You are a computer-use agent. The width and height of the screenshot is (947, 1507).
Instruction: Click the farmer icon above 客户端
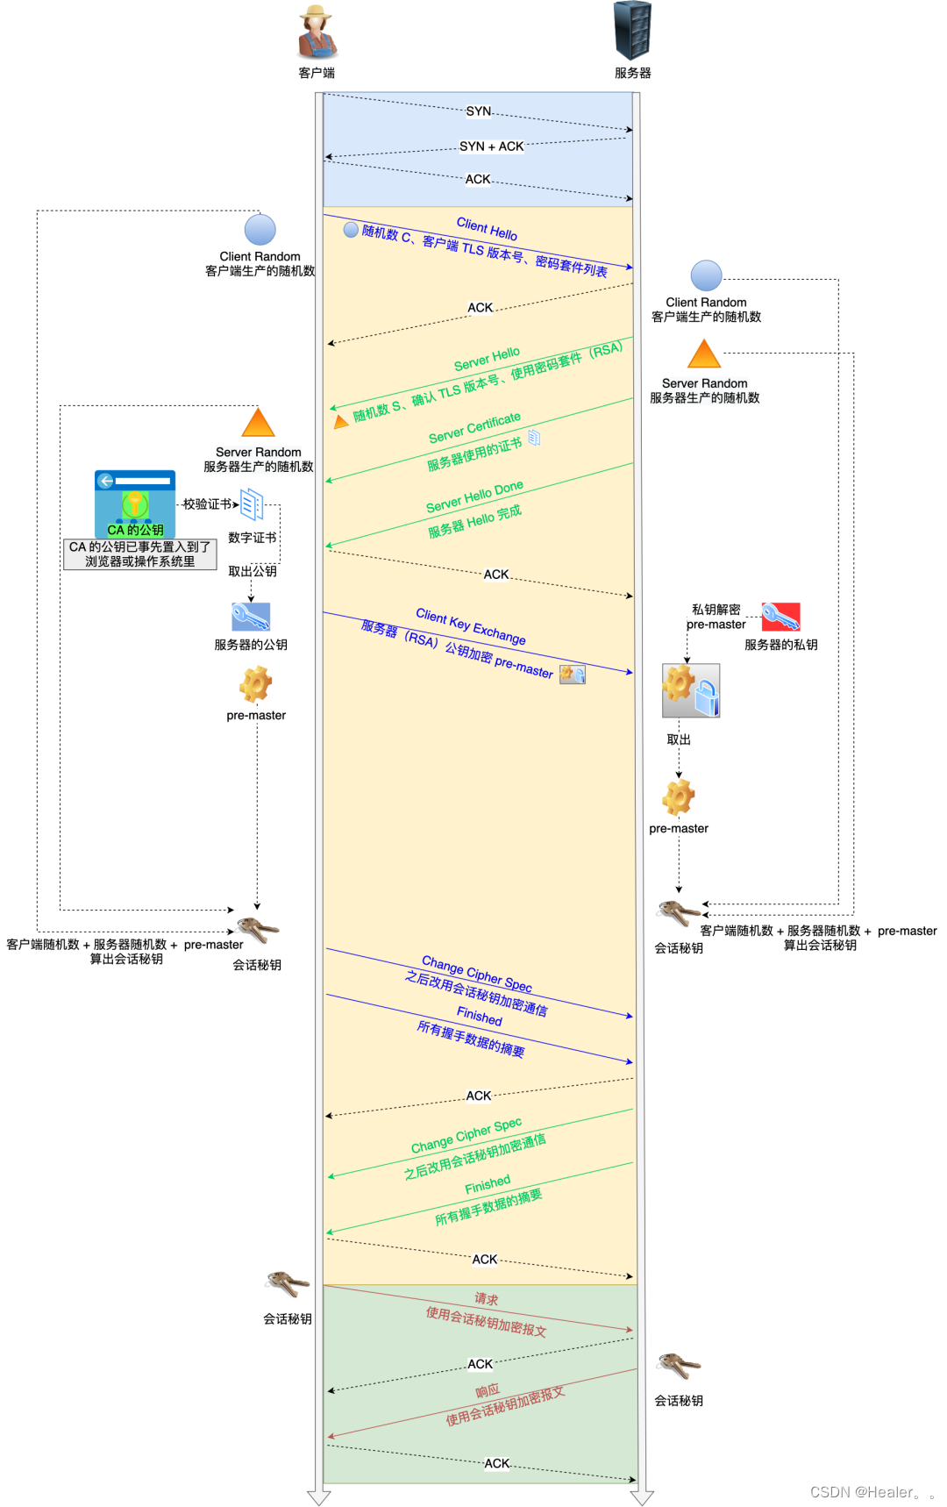pos(317,32)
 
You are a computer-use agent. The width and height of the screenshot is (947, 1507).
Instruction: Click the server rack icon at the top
pos(632,31)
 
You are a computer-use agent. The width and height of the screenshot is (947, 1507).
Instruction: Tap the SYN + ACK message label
pos(491,146)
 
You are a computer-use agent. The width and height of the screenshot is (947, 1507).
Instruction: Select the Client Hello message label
pos(487,228)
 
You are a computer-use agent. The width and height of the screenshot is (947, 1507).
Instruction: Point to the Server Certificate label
pos(474,427)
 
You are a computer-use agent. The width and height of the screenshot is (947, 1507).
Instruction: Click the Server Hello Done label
pos(474,496)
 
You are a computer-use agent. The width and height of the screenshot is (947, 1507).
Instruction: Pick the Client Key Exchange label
pos(471,625)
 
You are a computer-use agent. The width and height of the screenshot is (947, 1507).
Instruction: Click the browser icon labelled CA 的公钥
pos(135,504)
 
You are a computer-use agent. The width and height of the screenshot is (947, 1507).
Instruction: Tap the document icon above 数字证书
pos(252,504)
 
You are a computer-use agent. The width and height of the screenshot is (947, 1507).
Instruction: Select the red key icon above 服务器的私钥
pos(780,617)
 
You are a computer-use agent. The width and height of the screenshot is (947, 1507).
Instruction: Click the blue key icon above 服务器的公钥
pos(251,617)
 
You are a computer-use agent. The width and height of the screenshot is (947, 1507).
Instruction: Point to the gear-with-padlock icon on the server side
pos(691,691)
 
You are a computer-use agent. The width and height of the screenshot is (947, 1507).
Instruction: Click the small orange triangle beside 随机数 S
pos(341,422)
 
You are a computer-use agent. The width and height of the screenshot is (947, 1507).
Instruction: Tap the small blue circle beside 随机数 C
pos(351,230)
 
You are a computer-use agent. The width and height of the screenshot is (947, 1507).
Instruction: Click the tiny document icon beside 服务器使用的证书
pos(534,437)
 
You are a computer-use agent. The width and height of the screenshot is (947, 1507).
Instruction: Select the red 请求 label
pos(486,1299)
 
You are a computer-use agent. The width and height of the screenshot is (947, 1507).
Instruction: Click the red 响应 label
pos(488,1391)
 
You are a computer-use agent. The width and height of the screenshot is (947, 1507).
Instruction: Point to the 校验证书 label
pos(208,504)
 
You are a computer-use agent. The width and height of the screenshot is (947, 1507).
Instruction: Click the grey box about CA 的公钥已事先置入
pos(140,554)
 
